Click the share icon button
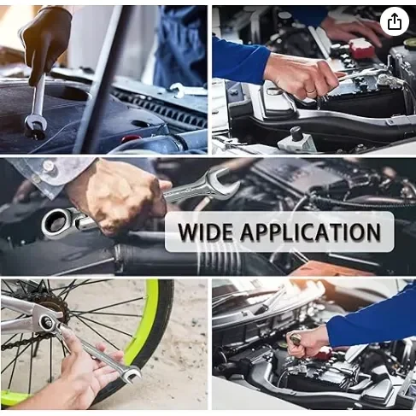tap(395, 21)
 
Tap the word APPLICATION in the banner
tap(310, 231)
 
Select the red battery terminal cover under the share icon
tap(361, 48)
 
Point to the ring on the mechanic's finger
tap(311, 91)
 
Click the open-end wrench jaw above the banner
tap(224, 182)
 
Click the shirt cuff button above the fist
tap(48, 166)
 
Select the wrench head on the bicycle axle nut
tap(47, 323)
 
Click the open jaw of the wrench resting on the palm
tap(131, 373)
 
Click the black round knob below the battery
tap(296, 132)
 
